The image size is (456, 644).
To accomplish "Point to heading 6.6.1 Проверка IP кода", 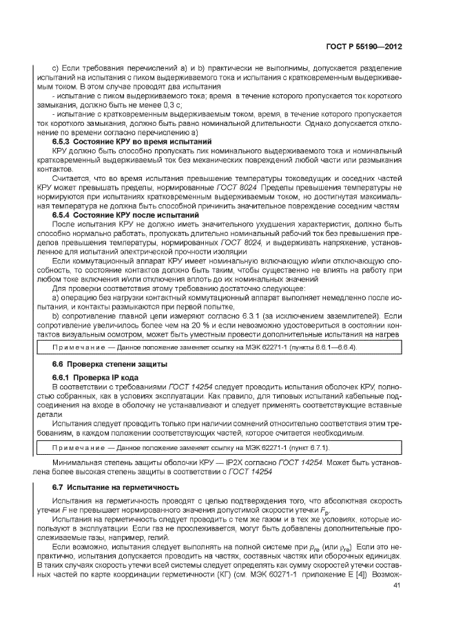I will pyautogui.click(x=96, y=377).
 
